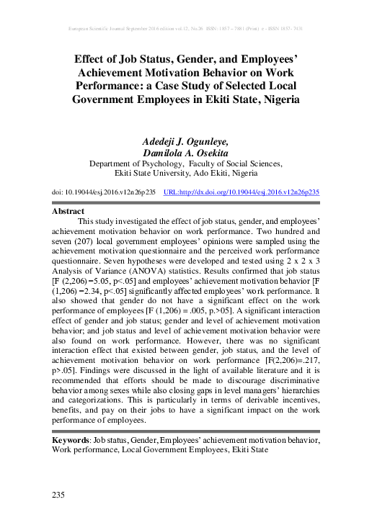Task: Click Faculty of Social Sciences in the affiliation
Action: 236,163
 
